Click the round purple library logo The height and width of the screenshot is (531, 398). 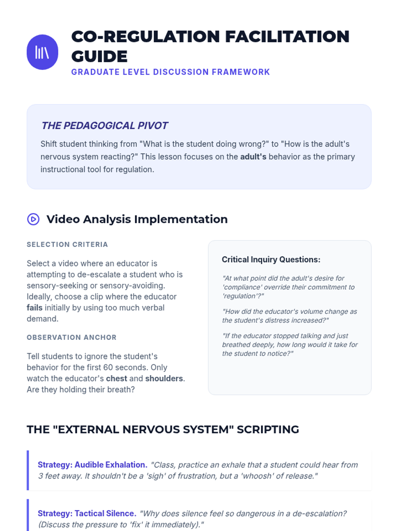tap(42, 52)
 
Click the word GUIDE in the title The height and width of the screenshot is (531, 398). tap(99, 56)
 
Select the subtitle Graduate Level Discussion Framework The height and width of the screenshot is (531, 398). tap(170, 72)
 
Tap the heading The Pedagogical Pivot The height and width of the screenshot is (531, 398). tap(104, 125)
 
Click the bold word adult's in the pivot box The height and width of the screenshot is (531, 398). tap(253, 157)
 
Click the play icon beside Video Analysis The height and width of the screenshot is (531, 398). tap(33, 219)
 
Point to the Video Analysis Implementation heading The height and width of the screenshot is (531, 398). tap(137, 219)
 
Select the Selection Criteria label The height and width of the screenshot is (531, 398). tap(67, 244)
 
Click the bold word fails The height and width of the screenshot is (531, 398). tap(34, 308)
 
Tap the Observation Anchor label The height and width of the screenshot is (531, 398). tap(72, 337)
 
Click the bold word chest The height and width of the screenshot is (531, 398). tap(116, 378)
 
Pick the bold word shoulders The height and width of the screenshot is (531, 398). tap(164, 378)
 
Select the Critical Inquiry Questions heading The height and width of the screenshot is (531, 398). tap(271, 260)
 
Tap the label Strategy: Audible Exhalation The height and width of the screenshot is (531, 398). tap(93, 465)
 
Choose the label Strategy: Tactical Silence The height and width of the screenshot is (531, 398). tap(87, 513)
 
